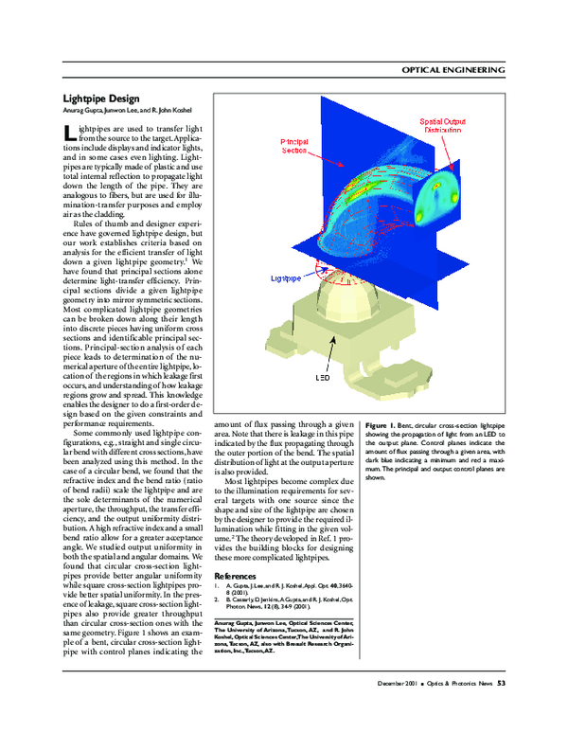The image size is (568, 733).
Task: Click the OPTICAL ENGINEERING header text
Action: (453, 69)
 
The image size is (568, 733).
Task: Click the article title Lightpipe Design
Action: (101, 98)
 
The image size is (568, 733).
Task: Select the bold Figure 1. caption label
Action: (380, 428)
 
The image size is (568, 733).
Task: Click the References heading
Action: (235, 575)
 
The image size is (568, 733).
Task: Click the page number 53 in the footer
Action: (502, 681)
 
